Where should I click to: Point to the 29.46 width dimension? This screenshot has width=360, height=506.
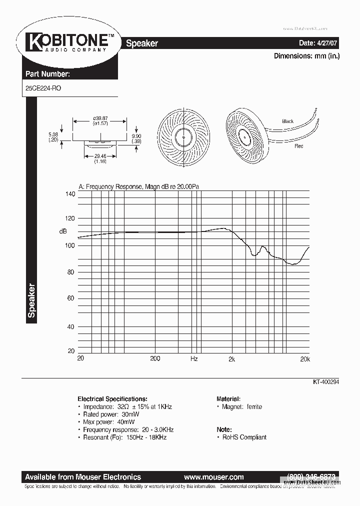pyautogui.click(x=101, y=156)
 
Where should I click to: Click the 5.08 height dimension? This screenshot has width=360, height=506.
pyautogui.click(x=53, y=135)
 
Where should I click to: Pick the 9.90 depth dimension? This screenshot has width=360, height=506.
pyautogui.click(x=136, y=136)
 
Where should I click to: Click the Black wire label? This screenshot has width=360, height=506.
pyautogui.click(x=288, y=121)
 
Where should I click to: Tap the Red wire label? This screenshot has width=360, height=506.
pyautogui.click(x=299, y=146)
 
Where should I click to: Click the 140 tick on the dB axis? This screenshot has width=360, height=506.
pyautogui.click(x=69, y=194)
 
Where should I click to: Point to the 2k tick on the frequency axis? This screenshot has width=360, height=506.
pyautogui.click(x=231, y=359)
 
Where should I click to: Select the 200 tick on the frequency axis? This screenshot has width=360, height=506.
pyautogui.click(x=155, y=358)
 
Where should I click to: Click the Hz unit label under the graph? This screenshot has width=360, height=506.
pyautogui.click(x=194, y=359)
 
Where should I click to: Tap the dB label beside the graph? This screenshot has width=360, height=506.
pyautogui.click(x=63, y=231)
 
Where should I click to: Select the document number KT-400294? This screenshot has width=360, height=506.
pyautogui.click(x=326, y=381)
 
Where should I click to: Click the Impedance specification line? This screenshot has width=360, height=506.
pyautogui.click(x=127, y=407)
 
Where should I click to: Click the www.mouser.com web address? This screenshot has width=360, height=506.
pyautogui.click(x=213, y=477)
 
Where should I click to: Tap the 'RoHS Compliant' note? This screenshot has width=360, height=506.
pyautogui.click(x=244, y=437)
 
